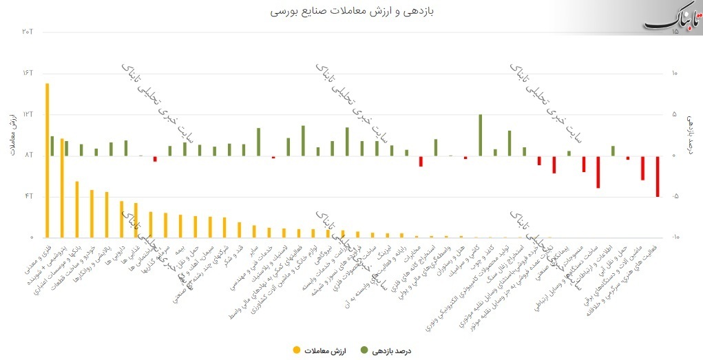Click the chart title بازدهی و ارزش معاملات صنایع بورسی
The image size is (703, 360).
[x=351, y=12]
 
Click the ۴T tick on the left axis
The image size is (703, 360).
[x=28, y=196]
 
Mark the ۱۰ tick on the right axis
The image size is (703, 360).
[x=675, y=73]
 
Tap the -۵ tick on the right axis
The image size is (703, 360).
[x=675, y=196]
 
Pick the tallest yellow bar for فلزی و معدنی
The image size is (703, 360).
[x=47, y=160]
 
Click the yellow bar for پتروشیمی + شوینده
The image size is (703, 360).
[x=62, y=187]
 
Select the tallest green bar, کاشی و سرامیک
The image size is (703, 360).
[x=480, y=135]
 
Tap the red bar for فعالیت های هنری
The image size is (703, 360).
[x=658, y=176]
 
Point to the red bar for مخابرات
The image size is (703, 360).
[x=421, y=161]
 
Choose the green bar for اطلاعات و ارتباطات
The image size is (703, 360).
[x=613, y=151]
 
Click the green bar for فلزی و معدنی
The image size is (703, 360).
[x=52, y=146]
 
